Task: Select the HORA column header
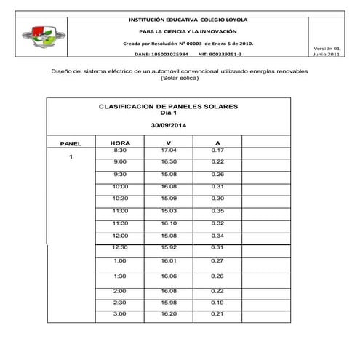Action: [x=120, y=143]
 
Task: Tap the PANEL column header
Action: [x=71, y=143]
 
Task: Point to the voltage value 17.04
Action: [x=169, y=150]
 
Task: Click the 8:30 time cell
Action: [x=120, y=150]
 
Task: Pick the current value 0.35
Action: [x=217, y=210]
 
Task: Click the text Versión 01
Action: [x=326, y=47]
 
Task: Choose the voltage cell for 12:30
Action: [x=169, y=247]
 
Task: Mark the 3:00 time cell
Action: [x=120, y=313]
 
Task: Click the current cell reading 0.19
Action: [x=217, y=302]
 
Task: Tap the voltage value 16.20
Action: [x=169, y=313]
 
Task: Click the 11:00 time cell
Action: [x=120, y=210]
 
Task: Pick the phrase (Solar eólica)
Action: [x=180, y=80]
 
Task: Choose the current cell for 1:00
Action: [x=217, y=260]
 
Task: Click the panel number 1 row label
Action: [x=71, y=156]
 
